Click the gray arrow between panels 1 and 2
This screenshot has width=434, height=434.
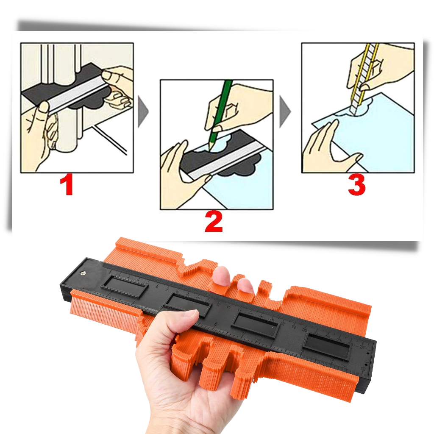(143, 112)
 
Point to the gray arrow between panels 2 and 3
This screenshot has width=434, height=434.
(285, 112)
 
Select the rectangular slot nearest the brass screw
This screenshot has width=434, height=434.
(125, 287)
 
